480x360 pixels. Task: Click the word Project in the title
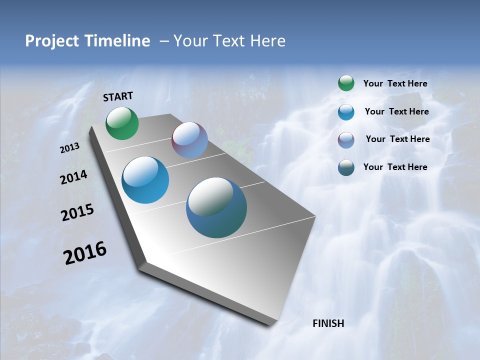(x=52, y=41)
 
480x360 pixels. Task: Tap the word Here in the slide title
(x=267, y=41)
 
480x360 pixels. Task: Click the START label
(x=118, y=96)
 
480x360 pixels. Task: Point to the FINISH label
(x=328, y=323)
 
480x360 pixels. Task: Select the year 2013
(x=70, y=148)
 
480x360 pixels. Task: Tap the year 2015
(x=77, y=212)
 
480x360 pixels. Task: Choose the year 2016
(x=85, y=253)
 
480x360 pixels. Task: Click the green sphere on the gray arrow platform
(x=122, y=123)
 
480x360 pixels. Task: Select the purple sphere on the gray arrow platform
(x=189, y=140)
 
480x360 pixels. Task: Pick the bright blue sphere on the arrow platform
(x=145, y=180)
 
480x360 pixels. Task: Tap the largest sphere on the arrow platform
(x=216, y=207)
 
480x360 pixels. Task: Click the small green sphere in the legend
(x=346, y=83)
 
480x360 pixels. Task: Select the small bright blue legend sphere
(x=346, y=112)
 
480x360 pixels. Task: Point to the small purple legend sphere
(x=346, y=139)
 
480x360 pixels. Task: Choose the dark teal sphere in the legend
(x=346, y=167)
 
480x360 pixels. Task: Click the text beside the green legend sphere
(x=395, y=83)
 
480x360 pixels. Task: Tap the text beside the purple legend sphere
(x=397, y=139)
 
